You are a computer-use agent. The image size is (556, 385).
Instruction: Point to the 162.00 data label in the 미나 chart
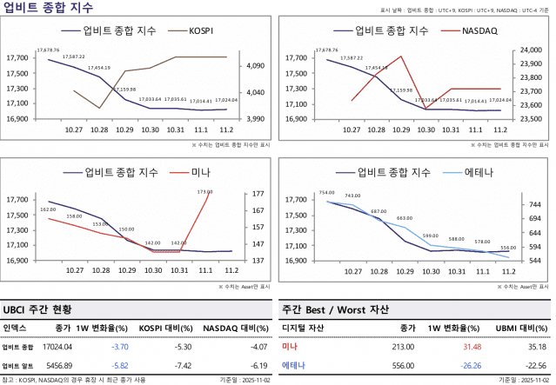(x=48, y=209)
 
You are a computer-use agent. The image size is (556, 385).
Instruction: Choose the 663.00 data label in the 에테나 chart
(x=405, y=218)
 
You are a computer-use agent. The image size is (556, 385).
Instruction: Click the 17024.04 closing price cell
(x=57, y=347)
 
